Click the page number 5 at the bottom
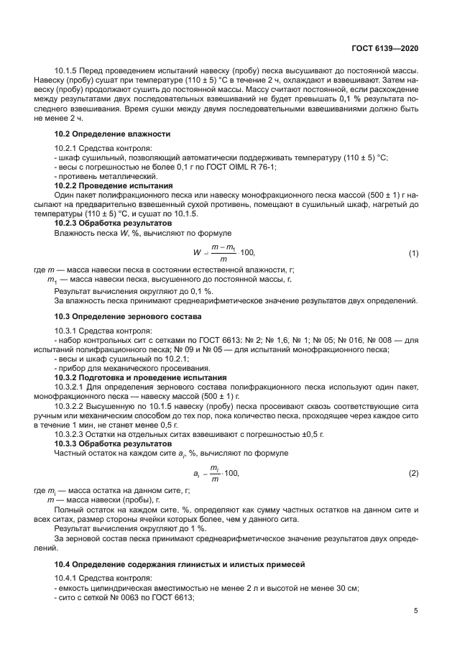tap(415, 611)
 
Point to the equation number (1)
tap(413, 254)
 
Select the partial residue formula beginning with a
tap(216, 473)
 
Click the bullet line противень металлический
tap(106, 176)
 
